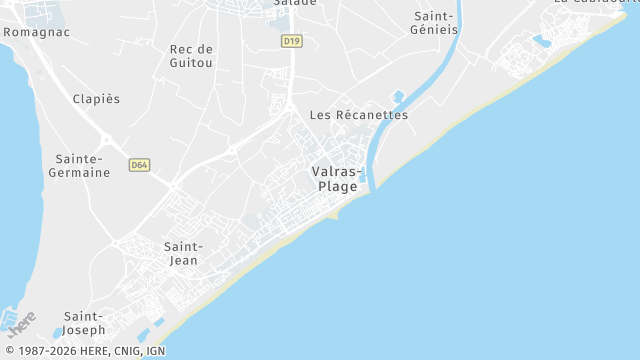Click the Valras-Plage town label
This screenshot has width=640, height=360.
336,178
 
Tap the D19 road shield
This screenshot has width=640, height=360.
291,41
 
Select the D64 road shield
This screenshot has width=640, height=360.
139,164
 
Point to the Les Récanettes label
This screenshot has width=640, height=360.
359,115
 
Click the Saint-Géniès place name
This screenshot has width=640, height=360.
434,23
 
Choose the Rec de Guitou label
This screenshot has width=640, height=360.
191,55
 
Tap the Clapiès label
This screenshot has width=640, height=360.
96,99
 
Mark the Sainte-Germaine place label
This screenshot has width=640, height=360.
80,166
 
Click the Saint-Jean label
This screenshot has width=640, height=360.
183,253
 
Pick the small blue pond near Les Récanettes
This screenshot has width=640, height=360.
398,97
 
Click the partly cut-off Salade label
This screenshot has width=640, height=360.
295,3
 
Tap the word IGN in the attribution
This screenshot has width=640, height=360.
155,351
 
